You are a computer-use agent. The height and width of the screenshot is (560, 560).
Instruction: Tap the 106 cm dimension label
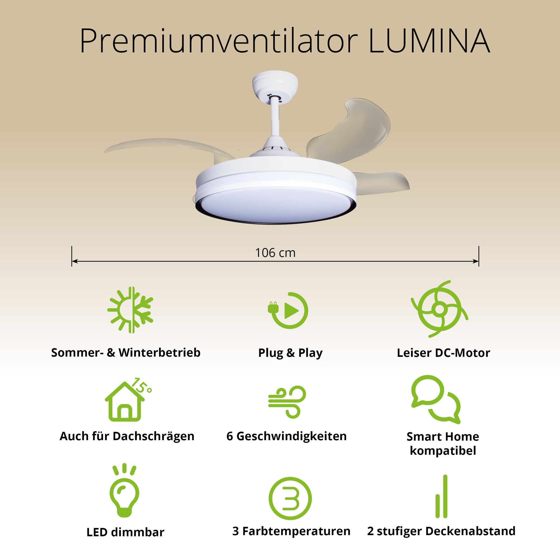(275, 253)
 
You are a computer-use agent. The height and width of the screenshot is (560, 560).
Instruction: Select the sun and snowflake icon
(130, 310)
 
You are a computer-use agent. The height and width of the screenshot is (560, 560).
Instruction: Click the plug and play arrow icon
(288, 311)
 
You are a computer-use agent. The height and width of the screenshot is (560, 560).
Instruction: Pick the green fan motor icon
(439, 309)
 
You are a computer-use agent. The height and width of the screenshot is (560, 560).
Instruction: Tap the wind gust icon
(287, 402)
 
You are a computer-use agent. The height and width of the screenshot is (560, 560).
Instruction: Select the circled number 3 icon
(290, 498)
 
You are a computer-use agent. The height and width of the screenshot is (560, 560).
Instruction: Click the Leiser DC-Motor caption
(444, 353)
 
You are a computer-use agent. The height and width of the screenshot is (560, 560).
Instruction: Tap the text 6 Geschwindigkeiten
(286, 436)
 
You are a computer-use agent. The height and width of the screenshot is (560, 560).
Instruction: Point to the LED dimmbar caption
(125, 532)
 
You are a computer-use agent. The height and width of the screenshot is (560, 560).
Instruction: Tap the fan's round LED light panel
(275, 204)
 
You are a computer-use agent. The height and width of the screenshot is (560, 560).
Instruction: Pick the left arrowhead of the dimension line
(74, 262)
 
